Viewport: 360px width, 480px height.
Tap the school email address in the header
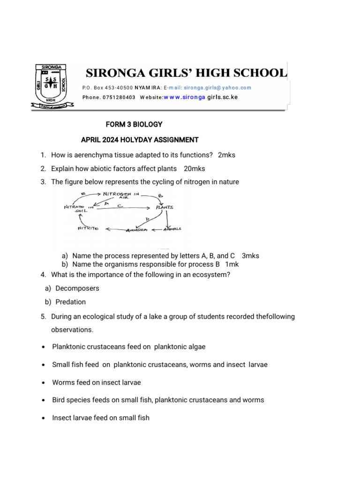pyautogui.click(x=217, y=88)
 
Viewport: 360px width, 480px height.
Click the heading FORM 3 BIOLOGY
pyautogui.click(x=135, y=124)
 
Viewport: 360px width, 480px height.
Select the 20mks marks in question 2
pyautogui.click(x=195, y=168)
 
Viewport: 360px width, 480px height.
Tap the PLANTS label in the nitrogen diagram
pyautogui.click(x=164, y=207)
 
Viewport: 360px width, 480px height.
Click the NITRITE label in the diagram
pyautogui.click(x=87, y=229)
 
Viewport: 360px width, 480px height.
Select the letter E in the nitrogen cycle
pyautogui.click(x=82, y=194)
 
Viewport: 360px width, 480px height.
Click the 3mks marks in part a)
pyautogui.click(x=250, y=256)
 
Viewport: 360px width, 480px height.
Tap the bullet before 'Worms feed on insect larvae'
pyautogui.click(x=43, y=382)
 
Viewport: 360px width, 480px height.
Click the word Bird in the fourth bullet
pyautogui.click(x=59, y=400)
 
